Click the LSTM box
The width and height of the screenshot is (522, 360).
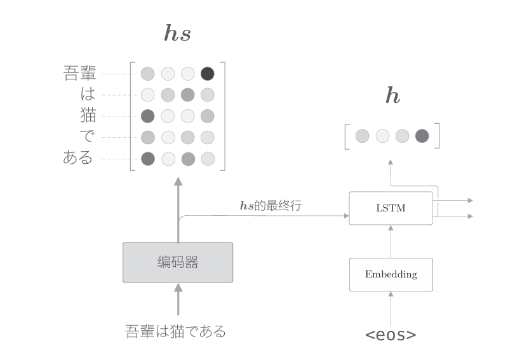(391, 208)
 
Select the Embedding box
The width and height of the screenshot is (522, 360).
(391, 274)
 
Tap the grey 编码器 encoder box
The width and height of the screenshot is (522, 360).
(178, 262)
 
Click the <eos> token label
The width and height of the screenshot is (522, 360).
(391, 335)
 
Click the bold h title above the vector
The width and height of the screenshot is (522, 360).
(393, 96)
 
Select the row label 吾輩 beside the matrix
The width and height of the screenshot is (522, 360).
(80, 74)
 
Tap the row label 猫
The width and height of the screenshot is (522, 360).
(88, 116)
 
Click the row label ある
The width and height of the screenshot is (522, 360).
(78, 158)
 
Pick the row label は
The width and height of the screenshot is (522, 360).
(88, 95)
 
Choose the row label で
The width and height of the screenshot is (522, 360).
(88, 137)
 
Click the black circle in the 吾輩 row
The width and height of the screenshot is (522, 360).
(208, 74)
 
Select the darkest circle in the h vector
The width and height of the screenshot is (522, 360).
(422, 135)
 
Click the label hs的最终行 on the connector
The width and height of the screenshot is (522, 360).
(270, 206)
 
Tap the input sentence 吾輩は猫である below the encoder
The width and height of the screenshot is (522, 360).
(176, 331)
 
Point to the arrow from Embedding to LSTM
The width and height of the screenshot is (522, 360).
(391, 241)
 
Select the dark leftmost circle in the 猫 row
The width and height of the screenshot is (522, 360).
(148, 116)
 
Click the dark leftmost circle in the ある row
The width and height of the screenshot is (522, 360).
(148, 158)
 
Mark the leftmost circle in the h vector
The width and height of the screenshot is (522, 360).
(362, 135)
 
